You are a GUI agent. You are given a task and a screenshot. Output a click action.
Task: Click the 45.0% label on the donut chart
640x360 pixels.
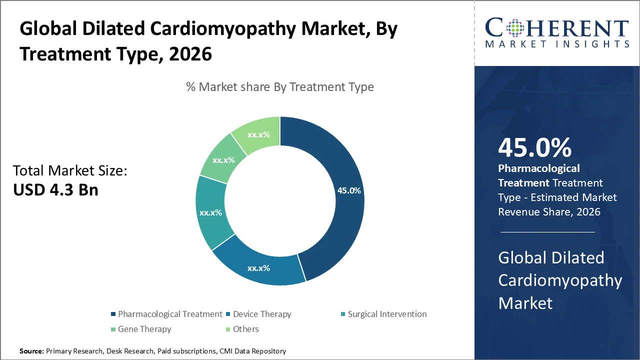click(348, 190)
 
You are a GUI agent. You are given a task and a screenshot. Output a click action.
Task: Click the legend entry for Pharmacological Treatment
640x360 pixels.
click(169, 314)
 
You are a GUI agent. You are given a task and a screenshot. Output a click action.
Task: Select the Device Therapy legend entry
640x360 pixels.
click(261, 314)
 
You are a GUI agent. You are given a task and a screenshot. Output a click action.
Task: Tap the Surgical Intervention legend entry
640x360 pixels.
click(387, 314)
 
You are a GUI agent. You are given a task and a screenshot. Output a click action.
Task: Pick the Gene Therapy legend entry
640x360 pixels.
click(144, 329)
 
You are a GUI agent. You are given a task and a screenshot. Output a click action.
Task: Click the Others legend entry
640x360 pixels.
click(245, 329)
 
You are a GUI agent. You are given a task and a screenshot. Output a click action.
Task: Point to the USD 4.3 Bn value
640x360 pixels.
click(55, 190)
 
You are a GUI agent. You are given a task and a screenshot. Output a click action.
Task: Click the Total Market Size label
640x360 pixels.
click(70, 171)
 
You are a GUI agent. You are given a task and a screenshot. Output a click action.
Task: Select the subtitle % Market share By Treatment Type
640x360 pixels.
click(280, 87)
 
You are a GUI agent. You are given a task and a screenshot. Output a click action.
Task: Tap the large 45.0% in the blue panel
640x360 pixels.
click(534, 147)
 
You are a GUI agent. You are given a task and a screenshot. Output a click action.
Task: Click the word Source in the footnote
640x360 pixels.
click(31, 351)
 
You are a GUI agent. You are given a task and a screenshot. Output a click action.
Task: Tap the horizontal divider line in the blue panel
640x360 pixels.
click(547, 232)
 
